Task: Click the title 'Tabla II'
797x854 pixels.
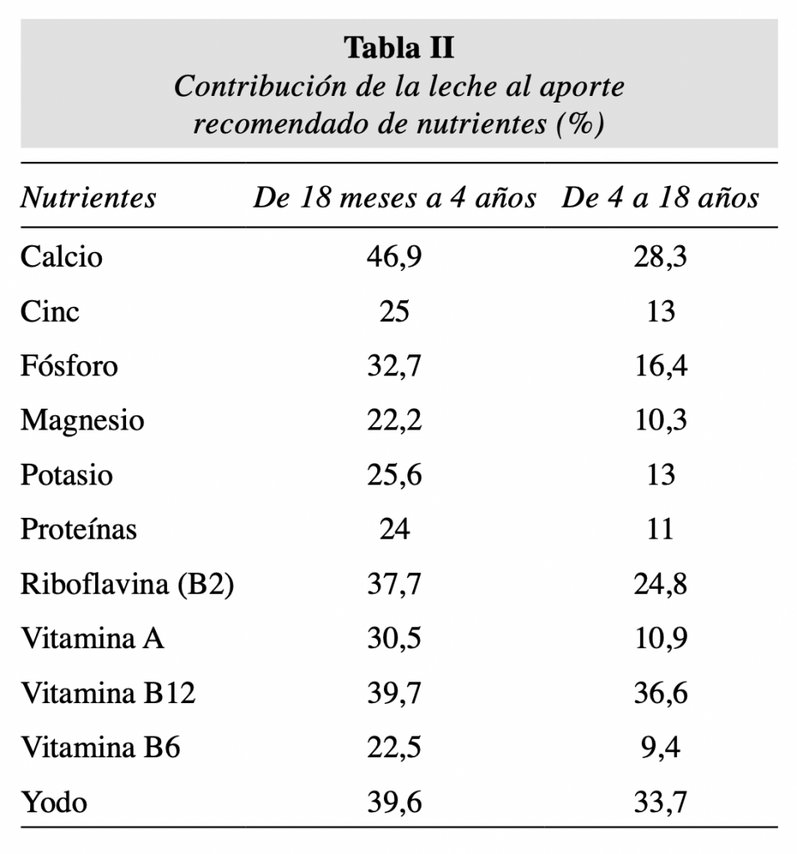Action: [x=400, y=48]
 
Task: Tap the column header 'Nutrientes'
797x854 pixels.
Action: [x=88, y=198]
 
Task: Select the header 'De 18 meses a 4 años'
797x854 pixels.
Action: [x=395, y=198]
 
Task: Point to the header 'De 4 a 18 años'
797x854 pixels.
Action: [x=659, y=198]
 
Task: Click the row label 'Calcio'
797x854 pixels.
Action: [x=62, y=256]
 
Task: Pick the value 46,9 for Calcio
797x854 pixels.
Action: [x=395, y=256]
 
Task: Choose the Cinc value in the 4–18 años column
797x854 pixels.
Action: [x=660, y=311]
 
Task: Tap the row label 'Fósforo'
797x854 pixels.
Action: [x=69, y=366]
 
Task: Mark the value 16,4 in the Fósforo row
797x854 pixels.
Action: [x=660, y=366]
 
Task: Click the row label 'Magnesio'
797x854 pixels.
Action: [x=82, y=420]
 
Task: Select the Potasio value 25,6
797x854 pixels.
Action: [x=395, y=475]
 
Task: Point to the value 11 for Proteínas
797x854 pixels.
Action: [x=660, y=530]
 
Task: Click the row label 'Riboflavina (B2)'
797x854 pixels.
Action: [x=127, y=585]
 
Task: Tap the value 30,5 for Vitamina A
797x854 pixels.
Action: [x=395, y=639]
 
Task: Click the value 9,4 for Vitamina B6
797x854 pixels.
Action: [x=660, y=748]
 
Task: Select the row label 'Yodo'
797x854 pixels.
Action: [x=54, y=803]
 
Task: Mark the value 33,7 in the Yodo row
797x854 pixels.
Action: [x=660, y=803]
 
